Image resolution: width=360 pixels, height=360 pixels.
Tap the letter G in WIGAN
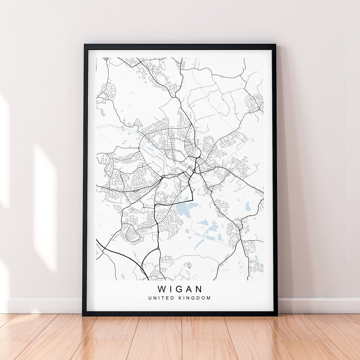[180, 289]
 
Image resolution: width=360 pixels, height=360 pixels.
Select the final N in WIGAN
[199, 289]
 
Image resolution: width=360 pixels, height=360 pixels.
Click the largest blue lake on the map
[183, 210]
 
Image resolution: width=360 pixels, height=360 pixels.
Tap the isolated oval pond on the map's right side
[248, 207]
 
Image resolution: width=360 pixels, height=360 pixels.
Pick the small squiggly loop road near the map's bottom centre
[188, 265]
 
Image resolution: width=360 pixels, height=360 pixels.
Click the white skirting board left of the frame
[42, 305]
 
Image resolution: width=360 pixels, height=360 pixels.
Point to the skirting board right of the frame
[316, 305]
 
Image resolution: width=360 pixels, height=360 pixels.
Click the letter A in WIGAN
[190, 289]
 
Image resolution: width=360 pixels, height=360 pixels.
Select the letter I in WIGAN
[171, 289]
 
